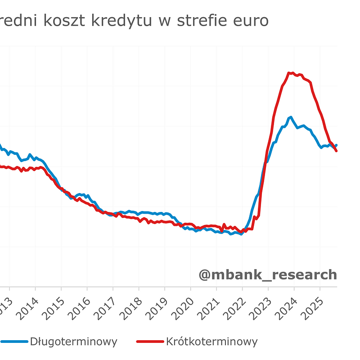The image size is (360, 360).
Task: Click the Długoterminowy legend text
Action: (x=73, y=342)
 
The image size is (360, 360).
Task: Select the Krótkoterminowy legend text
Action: (x=211, y=342)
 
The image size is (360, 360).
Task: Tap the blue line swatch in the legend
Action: (x=13, y=342)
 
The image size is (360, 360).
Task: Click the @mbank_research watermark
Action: (x=267, y=274)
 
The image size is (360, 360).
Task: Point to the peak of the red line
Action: (x=290, y=72)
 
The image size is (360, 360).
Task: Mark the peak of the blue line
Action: (x=291, y=117)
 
